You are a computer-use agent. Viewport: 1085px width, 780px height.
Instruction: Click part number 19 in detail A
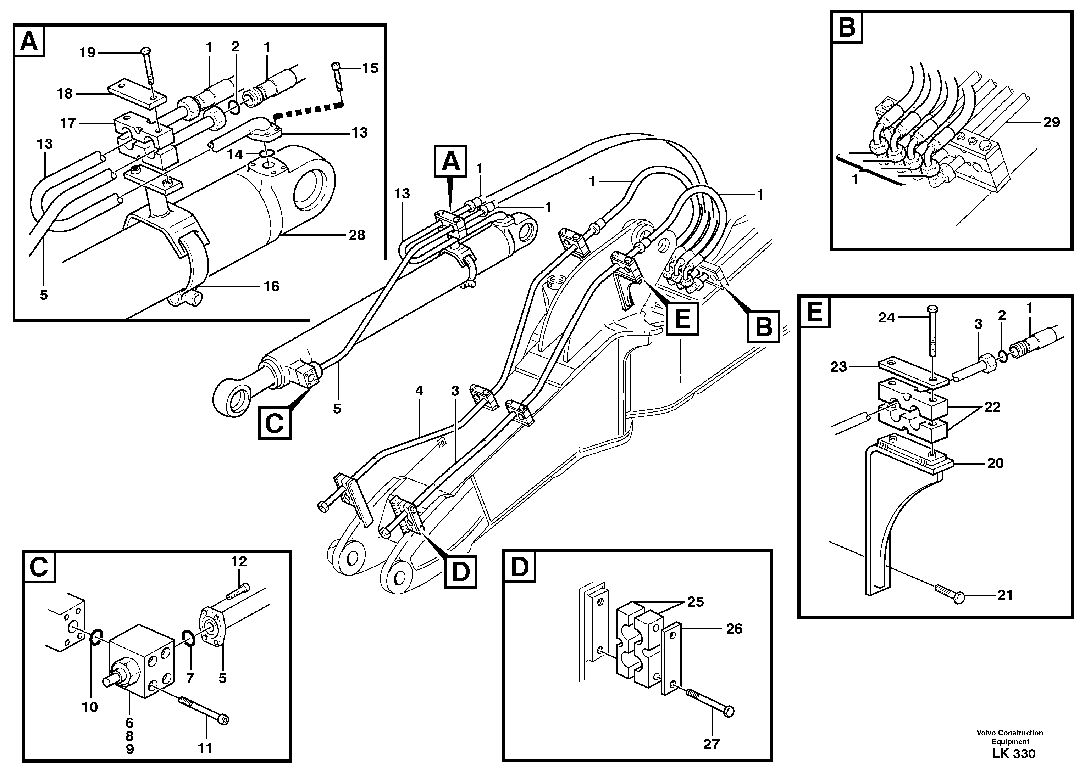pyautogui.click(x=88, y=52)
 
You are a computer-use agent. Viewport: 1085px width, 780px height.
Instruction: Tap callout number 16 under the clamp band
pyautogui.click(x=271, y=286)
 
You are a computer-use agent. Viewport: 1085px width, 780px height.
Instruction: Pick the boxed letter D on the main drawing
pyautogui.click(x=460, y=572)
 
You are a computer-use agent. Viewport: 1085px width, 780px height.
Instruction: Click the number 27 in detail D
pyautogui.click(x=712, y=744)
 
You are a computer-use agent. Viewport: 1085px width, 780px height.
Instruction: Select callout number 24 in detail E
pyautogui.click(x=886, y=318)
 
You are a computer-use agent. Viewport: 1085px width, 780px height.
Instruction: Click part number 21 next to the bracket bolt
pyautogui.click(x=1005, y=595)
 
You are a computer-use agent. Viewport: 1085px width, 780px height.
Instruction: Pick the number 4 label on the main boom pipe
pyautogui.click(x=420, y=391)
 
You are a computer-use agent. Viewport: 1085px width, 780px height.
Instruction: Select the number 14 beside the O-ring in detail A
pyautogui.click(x=236, y=155)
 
